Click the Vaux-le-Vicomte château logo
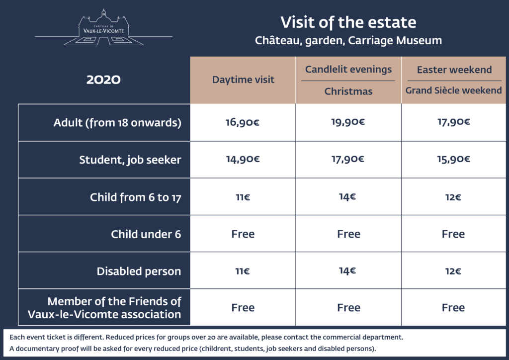[x=103, y=27]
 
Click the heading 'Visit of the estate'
[x=348, y=22]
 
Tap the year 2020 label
[x=103, y=80]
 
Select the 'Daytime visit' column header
[x=243, y=80]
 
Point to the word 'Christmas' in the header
[x=348, y=91]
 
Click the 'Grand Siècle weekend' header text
[x=453, y=90]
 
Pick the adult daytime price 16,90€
[x=243, y=122]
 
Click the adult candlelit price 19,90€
[x=348, y=122]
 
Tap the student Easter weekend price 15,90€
[x=453, y=159]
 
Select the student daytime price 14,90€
[x=243, y=159]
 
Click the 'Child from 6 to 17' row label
[x=135, y=197]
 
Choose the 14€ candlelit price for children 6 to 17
[x=347, y=197]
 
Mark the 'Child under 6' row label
[x=146, y=234]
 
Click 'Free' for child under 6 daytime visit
[x=243, y=234]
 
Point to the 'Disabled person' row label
[x=139, y=271]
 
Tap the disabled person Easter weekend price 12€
[x=453, y=271]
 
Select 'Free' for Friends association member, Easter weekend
[x=453, y=307]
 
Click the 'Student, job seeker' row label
[x=130, y=160]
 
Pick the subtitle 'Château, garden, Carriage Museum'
[x=348, y=41]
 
